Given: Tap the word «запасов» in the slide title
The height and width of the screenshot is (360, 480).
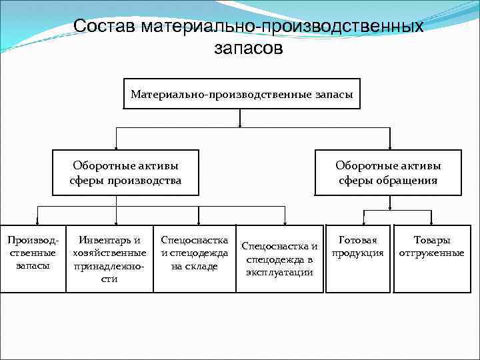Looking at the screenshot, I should [248, 48].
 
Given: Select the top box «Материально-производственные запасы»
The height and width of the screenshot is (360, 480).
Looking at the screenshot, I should [241, 95].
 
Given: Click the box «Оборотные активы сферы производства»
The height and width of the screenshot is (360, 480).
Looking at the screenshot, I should [125, 173].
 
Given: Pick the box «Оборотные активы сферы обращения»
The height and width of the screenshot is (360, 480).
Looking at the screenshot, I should [387, 173].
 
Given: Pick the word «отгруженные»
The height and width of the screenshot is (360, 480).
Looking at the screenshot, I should [431, 253].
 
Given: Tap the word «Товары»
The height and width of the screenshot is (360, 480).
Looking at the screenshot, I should [431, 240].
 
